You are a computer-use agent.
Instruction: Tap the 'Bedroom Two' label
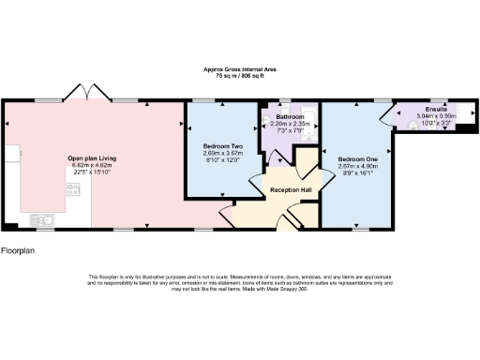pyautogui.click(x=222, y=147)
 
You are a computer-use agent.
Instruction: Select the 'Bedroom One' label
pyautogui.click(x=357, y=159)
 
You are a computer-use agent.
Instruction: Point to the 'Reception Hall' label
pyautogui.click(x=291, y=189)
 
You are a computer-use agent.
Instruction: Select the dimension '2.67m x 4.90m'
pyautogui.click(x=357, y=166)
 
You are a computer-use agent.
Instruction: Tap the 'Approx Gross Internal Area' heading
pyautogui.click(x=240, y=69)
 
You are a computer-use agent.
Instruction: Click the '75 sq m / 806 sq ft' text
pyautogui.click(x=240, y=75)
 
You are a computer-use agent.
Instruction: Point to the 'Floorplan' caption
pyautogui.click(x=18, y=251)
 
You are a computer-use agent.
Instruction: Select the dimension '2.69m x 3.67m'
pyautogui.click(x=222, y=154)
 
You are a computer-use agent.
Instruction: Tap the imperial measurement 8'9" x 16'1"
pyautogui.click(x=357, y=172)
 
